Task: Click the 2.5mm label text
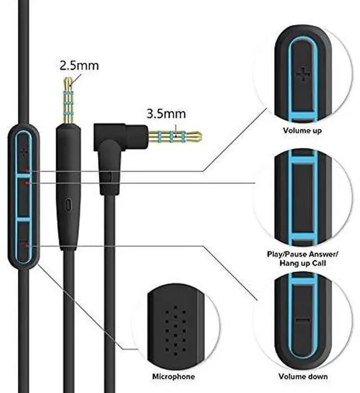79,65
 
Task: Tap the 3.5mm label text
165,114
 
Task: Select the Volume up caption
303,131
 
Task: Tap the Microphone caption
174,377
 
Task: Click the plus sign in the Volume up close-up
303,73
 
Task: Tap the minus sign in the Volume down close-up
303,320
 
